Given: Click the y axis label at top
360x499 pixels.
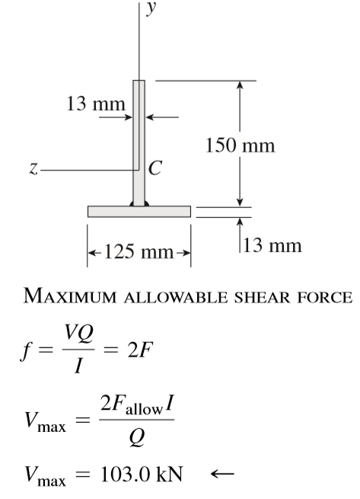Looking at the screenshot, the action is [x=151, y=8].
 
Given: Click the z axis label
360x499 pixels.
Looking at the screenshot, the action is [x=33, y=168].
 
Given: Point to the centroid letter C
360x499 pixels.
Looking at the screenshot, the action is [x=155, y=168].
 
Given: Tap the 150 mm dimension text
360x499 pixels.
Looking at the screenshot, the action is [x=240, y=145].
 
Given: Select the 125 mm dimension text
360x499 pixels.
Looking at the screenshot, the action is [x=139, y=251].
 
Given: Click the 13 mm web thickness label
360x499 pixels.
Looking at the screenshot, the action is [x=96, y=104].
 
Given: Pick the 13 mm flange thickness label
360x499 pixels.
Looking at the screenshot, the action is [x=272, y=245].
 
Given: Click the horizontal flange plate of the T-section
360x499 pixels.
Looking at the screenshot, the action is [x=139, y=212].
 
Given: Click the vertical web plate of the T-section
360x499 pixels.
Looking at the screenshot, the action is [x=139, y=143].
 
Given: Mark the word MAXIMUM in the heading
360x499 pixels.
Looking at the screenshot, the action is [x=70, y=296].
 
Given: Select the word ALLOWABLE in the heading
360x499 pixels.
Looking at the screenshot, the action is [x=175, y=297].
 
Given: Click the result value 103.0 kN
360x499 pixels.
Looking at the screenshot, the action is [x=142, y=474].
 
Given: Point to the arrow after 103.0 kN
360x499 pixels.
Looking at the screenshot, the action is [x=222, y=474].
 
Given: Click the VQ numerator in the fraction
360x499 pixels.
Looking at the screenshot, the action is [x=79, y=334].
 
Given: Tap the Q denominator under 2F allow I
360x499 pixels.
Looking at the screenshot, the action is [x=137, y=437].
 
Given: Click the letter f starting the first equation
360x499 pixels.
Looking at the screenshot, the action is [x=26, y=351].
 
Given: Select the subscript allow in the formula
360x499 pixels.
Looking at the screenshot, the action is [x=144, y=409].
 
